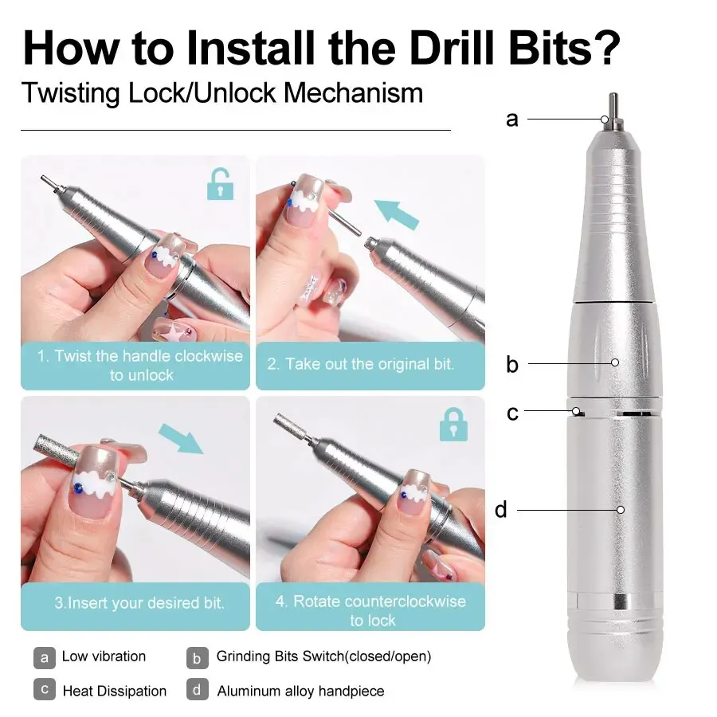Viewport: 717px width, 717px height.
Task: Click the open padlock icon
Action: point(220,184)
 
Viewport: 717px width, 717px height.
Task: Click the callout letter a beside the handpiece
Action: point(512,119)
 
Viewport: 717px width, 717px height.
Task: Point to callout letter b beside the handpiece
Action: point(512,365)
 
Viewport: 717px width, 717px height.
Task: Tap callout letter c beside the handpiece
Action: point(512,413)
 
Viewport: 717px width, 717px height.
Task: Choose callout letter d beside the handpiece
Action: point(501,509)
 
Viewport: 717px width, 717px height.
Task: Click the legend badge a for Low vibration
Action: point(45,657)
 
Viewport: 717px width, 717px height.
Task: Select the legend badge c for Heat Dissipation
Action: point(45,690)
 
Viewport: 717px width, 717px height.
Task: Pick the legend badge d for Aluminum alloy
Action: point(198,690)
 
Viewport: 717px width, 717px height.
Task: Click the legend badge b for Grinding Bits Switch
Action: point(198,657)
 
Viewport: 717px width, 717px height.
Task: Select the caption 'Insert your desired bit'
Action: point(139,602)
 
